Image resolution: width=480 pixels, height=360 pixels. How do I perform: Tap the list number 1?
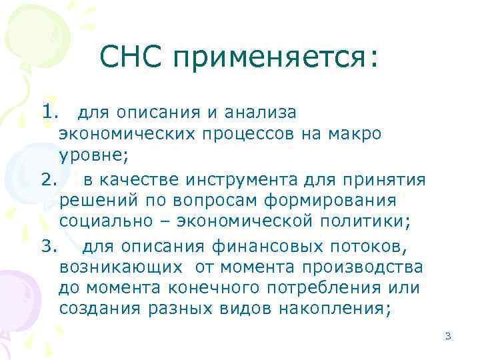pyautogui.click(x=50, y=111)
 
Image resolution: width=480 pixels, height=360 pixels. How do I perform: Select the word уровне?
pyautogui.click(x=90, y=157)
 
